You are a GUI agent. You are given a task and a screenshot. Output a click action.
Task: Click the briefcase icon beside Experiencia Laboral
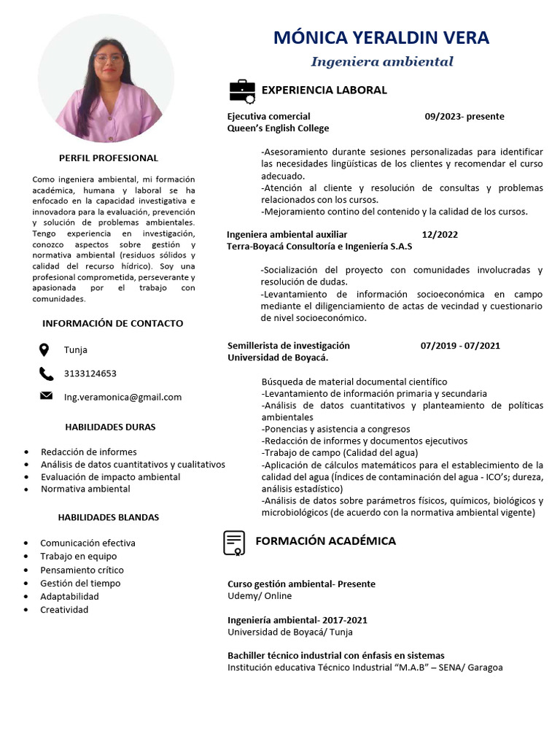pos(242,90)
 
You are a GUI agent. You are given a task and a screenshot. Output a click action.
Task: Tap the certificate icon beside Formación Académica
pos(234,543)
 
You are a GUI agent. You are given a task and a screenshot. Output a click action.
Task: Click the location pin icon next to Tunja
pos(44,349)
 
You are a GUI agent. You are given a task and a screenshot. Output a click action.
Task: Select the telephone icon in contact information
pos(46,373)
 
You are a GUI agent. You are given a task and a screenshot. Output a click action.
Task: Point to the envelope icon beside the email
pos(46,396)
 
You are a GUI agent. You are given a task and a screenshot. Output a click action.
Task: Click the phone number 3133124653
pos(90,373)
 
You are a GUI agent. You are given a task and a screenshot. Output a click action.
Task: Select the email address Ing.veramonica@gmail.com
pos(122,397)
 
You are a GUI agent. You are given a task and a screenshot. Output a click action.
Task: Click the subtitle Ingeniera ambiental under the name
pos(382,62)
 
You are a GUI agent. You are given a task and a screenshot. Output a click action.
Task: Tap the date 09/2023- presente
pos(464,117)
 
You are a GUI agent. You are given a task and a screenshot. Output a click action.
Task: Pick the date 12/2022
pos(440,235)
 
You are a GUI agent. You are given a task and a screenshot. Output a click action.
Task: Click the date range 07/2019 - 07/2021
pos(460,346)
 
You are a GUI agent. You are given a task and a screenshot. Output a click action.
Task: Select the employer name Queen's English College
pos(278,128)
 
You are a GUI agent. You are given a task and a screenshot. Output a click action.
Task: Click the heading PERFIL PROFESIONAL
pos(108,158)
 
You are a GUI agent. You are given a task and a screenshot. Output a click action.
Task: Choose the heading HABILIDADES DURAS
pos(110,427)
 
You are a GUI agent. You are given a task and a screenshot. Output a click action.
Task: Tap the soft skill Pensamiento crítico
pos(82,570)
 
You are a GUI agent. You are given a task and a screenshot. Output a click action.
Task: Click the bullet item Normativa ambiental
pos(85,489)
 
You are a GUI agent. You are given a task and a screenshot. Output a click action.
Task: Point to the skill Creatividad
pos(64,609)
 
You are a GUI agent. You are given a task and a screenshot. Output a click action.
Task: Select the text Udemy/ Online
pos(260,596)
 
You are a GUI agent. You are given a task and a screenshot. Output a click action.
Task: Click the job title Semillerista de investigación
pos(288,346)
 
